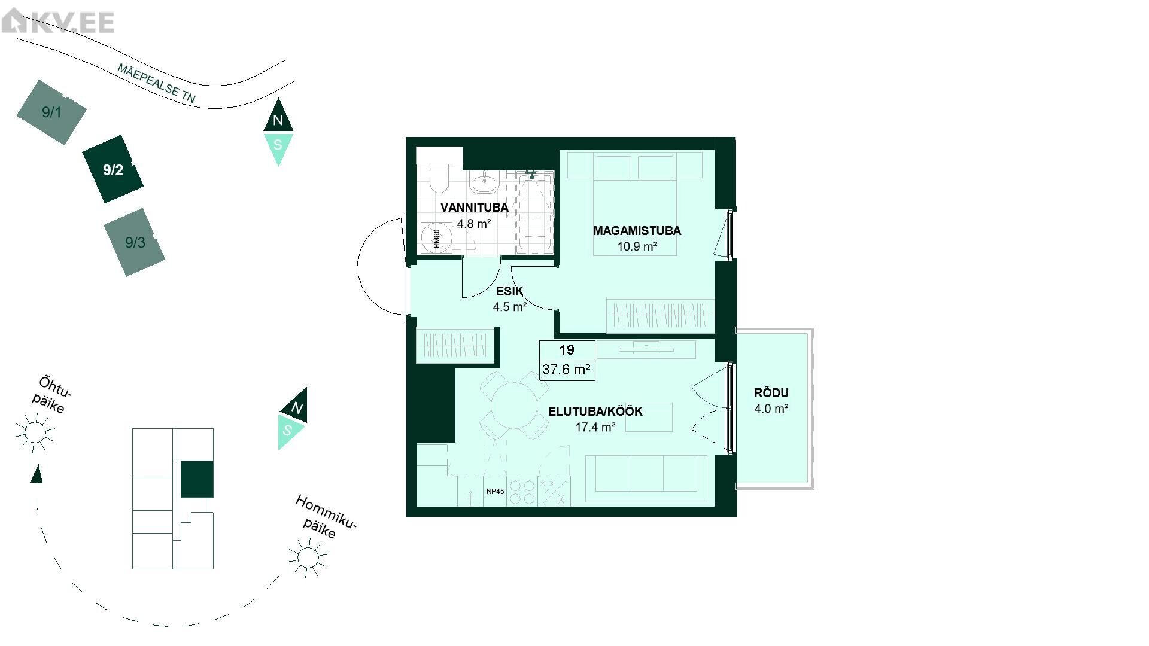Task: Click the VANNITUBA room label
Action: pyautogui.click(x=474, y=208)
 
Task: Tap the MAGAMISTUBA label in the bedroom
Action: pyautogui.click(x=637, y=231)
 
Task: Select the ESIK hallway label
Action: pyautogui.click(x=509, y=291)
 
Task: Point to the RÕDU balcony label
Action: pyautogui.click(x=771, y=393)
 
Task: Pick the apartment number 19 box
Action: pyautogui.click(x=567, y=350)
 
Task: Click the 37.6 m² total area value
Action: pyautogui.click(x=566, y=370)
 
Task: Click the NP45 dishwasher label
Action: pyautogui.click(x=495, y=492)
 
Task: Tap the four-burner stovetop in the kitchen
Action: pyautogui.click(x=522, y=491)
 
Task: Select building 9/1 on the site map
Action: pyautogui.click(x=51, y=112)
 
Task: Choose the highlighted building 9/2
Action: pyautogui.click(x=113, y=170)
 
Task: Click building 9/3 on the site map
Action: pyautogui.click(x=135, y=242)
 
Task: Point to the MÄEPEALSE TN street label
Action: pyautogui.click(x=157, y=84)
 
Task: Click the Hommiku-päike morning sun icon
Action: pyautogui.click(x=308, y=557)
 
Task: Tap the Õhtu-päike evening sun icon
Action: pyautogui.click(x=35, y=432)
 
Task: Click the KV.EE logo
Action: pyautogui.click(x=58, y=22)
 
